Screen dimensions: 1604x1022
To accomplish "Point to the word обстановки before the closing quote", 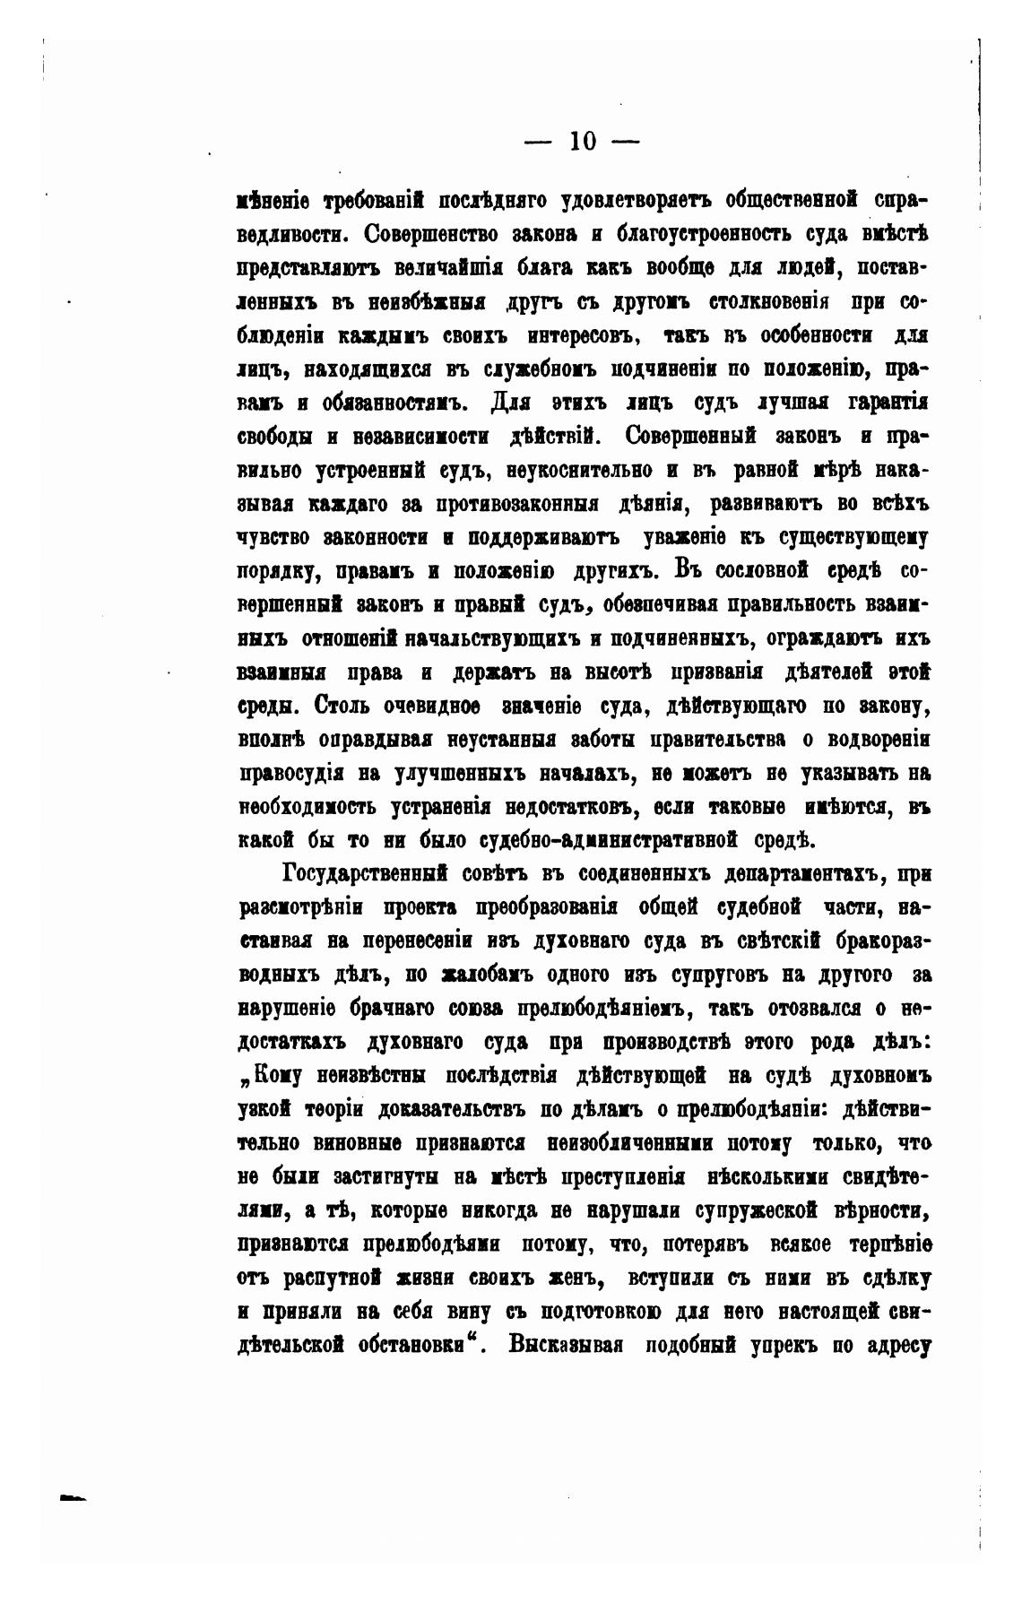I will pos(401,1345).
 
